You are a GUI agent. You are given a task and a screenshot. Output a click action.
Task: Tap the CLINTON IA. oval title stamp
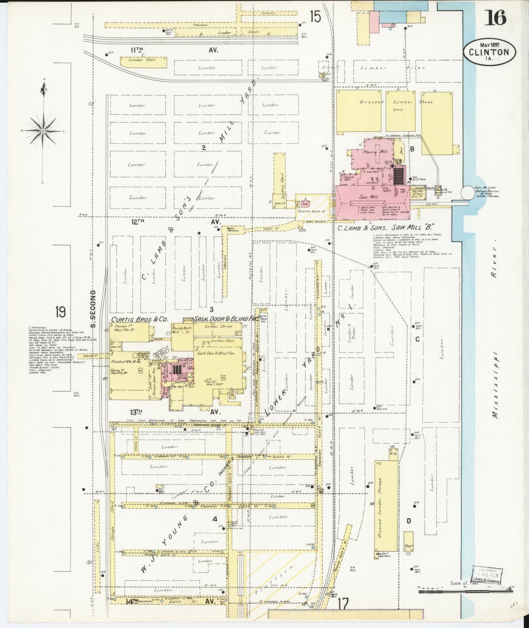tap(489, 52)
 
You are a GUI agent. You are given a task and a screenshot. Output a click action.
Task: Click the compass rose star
tap(43, 131)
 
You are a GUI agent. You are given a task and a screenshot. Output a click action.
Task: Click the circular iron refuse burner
tap(467, 193)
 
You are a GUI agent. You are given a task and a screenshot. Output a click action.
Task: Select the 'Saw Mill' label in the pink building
tap(369, 197)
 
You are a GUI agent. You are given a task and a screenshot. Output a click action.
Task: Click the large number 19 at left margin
tap(61, 312)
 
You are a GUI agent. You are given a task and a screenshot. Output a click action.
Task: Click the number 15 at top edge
tap(315, 16)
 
